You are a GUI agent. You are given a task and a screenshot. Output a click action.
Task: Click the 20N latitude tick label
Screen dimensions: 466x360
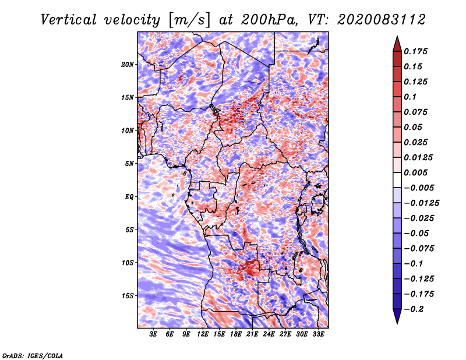click(x=128, y=65)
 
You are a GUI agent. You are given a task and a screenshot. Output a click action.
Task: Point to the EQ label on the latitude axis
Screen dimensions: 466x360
click(x=129, y=197)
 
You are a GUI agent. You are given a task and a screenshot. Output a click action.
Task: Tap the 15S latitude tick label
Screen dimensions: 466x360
click(x=128, y=296)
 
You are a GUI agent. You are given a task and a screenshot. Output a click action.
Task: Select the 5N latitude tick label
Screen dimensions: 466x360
click(x=129, y=164)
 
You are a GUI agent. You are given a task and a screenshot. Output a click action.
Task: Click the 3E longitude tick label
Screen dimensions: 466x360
click(x=153, y=334)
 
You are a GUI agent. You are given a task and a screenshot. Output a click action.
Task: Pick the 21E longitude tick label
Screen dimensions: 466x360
click(x=252, y=334)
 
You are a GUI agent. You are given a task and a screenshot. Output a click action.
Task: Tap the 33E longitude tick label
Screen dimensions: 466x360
click(x=318, y=334)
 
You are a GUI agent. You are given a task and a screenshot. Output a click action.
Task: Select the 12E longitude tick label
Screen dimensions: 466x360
click(x=202, y=334)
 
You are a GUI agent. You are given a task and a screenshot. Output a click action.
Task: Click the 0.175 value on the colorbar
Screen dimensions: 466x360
click(x=415, y=51)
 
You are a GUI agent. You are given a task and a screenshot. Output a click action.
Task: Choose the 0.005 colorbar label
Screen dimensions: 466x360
click(x=415, y=172)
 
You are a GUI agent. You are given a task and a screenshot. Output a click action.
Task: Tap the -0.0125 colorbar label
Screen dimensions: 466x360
click(x=421, y=203)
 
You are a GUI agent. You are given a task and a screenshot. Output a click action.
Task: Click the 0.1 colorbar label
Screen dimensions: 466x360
click(x=410, y=97)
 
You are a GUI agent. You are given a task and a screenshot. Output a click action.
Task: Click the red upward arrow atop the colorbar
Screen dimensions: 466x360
click(x=397, y=44)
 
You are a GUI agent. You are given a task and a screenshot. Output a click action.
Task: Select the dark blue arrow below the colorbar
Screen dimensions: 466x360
click(x=397, y=316)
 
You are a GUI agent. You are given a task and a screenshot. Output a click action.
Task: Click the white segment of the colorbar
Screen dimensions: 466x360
click(x=397, y=180)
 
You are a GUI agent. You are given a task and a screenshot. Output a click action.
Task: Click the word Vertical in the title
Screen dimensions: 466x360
click(x=69, y=20)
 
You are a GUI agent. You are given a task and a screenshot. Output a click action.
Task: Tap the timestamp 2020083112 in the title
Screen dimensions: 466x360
click(x=382, y=20)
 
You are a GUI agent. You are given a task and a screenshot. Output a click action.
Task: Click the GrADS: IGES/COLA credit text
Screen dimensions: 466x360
click(x=33, y=356)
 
